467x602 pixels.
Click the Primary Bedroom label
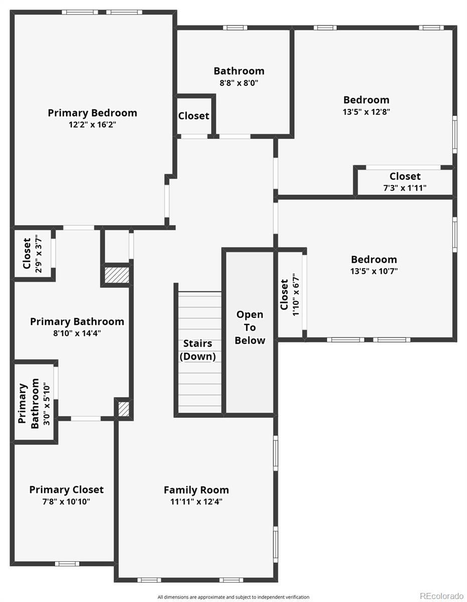92,113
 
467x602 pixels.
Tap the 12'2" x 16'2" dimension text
92,124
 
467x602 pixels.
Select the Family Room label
196,490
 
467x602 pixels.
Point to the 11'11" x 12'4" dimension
196,501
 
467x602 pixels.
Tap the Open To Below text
250,328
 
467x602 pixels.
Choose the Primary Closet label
66,490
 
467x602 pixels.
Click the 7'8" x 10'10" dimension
66,501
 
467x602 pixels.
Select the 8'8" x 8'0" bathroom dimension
239,83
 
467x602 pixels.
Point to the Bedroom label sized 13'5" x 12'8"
366,100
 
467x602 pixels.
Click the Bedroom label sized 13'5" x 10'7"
374,259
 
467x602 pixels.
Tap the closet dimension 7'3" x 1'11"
405,188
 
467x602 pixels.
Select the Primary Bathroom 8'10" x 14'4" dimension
77,333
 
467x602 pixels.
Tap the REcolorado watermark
442,595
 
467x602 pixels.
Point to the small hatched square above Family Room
123,409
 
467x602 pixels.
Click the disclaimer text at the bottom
233,597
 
